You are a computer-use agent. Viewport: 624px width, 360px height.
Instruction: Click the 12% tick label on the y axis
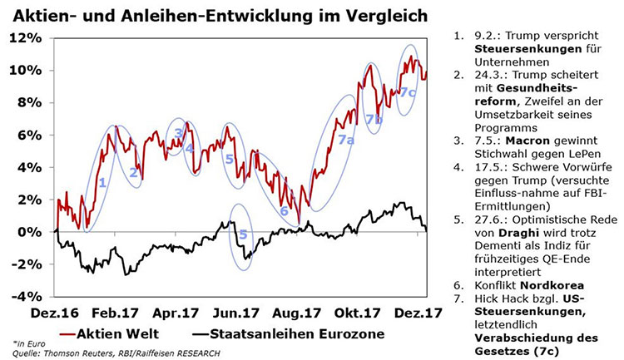pyautogui.click(x=26, y=38)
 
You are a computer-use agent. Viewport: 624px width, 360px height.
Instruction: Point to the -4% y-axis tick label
pyautogui.click(x=26, y=296)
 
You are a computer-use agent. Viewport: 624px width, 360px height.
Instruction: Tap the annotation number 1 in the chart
pyautogui.click(x=102, y=182)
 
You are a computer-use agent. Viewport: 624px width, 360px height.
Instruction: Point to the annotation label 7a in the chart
pyautogui.click(x=347, y=141)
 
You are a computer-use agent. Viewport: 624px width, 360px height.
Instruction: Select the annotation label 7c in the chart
pyautogui.click(x=407, y=92)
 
